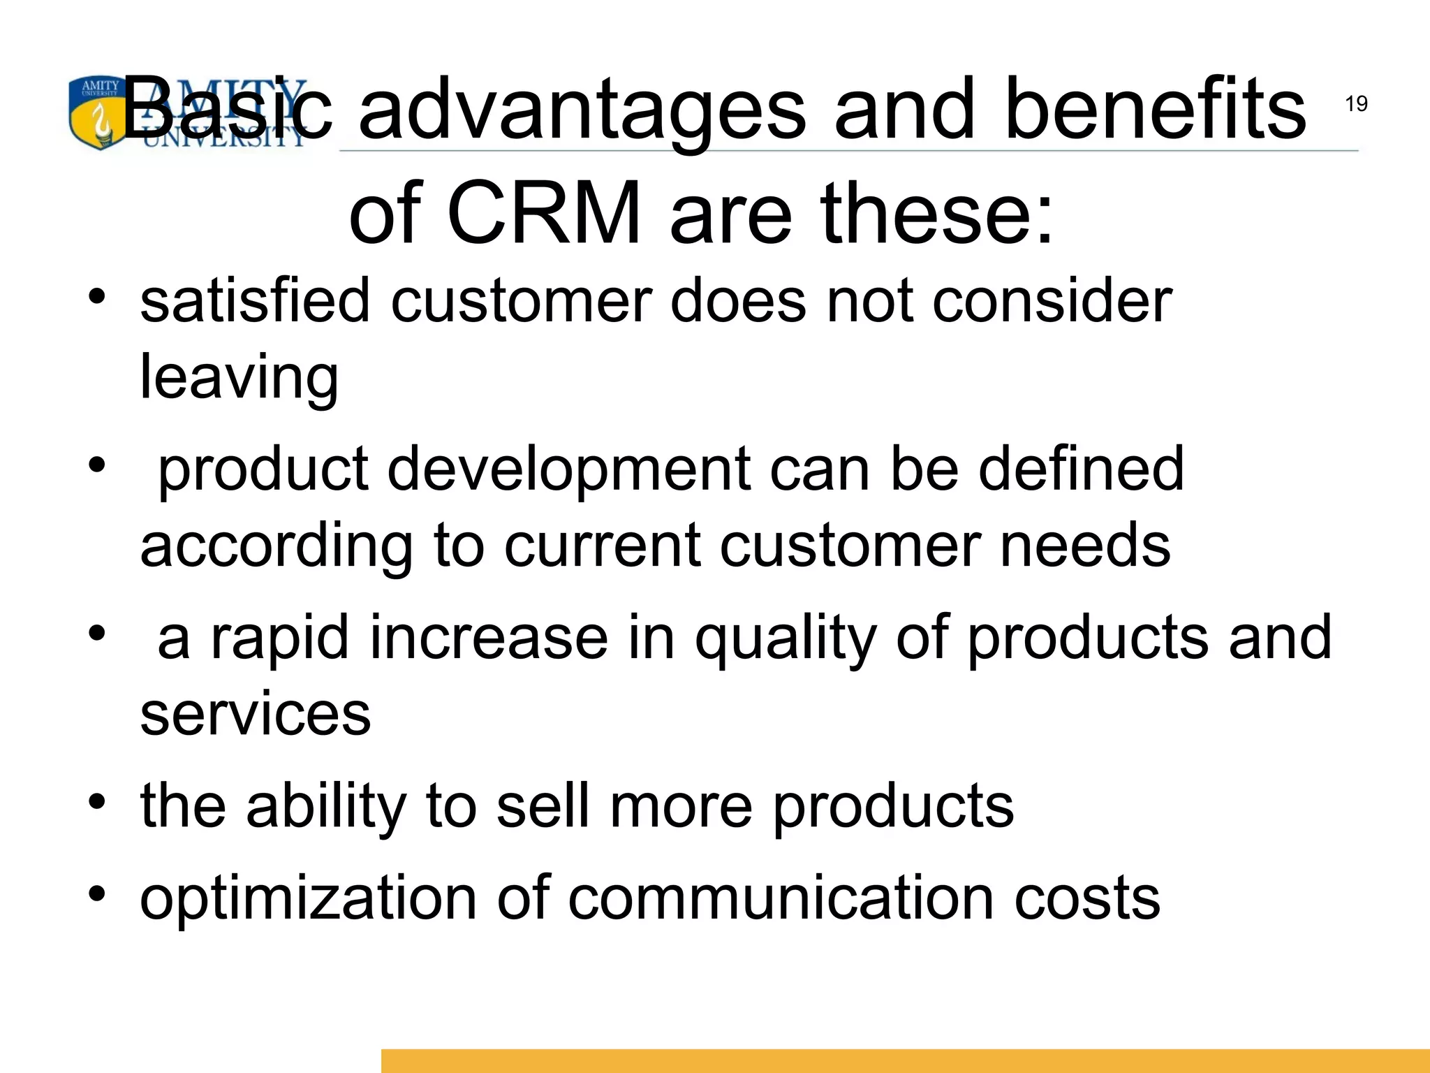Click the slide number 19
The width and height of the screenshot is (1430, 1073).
(1356, 104)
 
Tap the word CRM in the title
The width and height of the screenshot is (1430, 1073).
(543, 212)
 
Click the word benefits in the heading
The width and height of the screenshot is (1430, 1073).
(1154, 109)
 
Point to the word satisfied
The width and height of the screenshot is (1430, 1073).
(255, 301)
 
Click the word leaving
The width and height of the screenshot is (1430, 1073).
(239, 378)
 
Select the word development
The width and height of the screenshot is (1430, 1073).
(568, 469)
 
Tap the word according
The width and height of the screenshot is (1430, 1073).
(277, 547)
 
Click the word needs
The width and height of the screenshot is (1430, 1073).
(1085, 546)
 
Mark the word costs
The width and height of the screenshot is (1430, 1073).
(1086, 898)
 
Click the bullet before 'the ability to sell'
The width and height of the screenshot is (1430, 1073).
(97, 801)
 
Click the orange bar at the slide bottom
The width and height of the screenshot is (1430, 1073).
(905, 1060)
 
